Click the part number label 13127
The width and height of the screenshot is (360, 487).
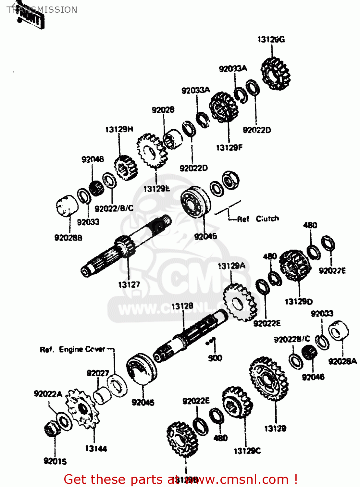click(129, 285)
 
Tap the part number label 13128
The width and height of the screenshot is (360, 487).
click(182, 306)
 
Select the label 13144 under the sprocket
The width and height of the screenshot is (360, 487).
click(96, 449)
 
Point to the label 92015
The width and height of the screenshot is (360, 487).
click(55, 461)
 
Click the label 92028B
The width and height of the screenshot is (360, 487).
click(68, 238)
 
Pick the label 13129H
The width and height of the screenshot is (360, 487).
click(119, 130)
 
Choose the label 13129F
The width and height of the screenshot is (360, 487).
click(229, 148)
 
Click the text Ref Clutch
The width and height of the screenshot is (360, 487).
click(258, 219)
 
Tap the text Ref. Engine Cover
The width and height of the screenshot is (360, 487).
click(73, 350)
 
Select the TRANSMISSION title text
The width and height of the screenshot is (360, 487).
click(42, 10)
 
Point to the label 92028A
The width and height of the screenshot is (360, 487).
click(342, 361)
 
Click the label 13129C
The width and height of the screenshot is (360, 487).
click(247, 451)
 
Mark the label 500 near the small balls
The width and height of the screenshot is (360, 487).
click(215, 358)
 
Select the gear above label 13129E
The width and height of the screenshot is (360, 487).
click(151, 151)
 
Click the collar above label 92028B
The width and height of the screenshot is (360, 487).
click(67, 206)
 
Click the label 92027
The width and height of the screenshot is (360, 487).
click(98, 373)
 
